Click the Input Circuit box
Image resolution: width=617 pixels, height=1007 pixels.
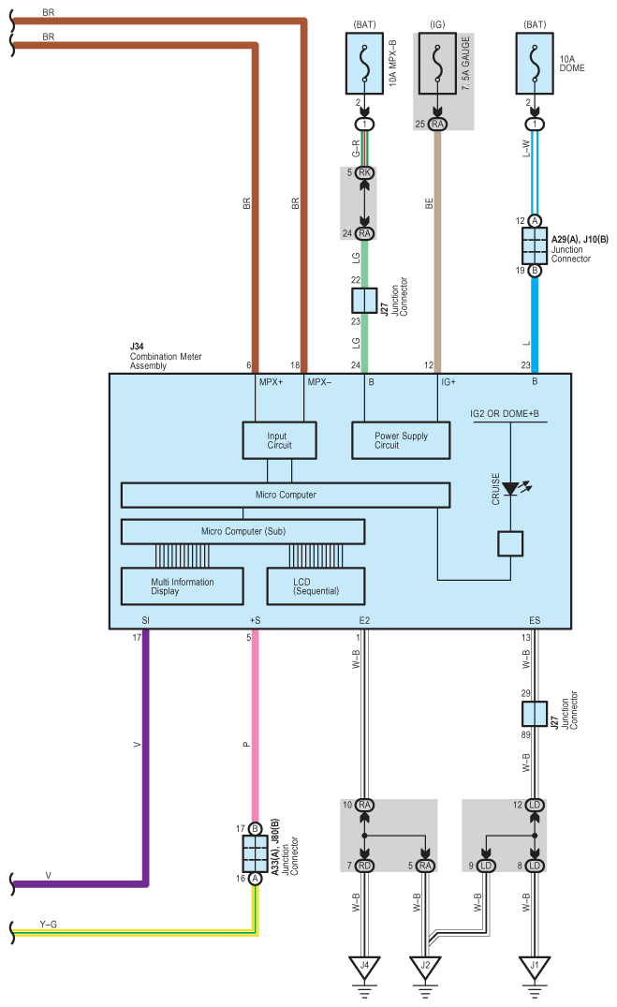click(x=279, y=440)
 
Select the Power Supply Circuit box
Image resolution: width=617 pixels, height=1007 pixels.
click(x=401, y=440)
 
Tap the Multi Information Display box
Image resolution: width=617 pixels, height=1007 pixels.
click(x=182, y=587)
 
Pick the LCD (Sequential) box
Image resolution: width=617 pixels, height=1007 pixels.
click(x=316, y=587)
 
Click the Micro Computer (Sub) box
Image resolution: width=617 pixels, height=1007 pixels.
click(x=243, y=531)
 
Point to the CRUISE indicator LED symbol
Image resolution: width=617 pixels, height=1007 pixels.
click(x=510, y=489)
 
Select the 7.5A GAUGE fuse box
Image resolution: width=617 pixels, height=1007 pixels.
click(x=437, y=63)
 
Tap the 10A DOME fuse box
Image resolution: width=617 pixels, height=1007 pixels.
click(x=535, y=63)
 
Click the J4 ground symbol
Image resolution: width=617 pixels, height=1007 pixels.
click(x=364, y=966)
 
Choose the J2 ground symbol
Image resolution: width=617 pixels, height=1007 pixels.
click(x=426, y=966)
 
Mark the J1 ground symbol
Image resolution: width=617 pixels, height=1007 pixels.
click(x=535, y=966)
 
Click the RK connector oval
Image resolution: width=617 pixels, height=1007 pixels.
click(x=364, y=172)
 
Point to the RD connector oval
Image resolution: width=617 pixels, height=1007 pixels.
click(x=364, y=866)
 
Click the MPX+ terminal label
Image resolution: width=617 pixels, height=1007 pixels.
click(x=270, y=382)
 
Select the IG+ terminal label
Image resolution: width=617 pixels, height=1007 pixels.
click(x=448, y=382)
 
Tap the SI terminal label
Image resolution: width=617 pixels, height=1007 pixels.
click(x=145, y=620)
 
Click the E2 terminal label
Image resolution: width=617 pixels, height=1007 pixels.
click(x=363, y=620)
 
